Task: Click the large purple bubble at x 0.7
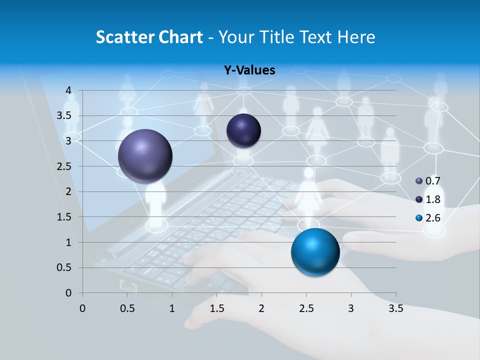pos(145,156)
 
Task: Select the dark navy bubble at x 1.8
pos(243,130)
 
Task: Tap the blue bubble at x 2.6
pos(315,252)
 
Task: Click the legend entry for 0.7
pos(428,181)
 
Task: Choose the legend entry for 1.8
pos(428,199)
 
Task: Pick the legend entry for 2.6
pos(428,218)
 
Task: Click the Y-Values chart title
pos(249,70)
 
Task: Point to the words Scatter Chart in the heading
pos(149,36)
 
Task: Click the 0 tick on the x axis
pos(82,308)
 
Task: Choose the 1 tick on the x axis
pos(172,308)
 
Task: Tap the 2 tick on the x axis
pos(261,308)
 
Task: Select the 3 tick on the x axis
pos(351,308)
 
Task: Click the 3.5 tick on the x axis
pos(395,308)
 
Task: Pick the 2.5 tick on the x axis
pos(306,308)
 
